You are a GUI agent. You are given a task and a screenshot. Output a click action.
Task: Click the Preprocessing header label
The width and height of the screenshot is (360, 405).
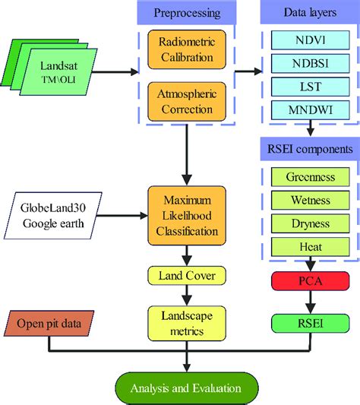click(188, 13)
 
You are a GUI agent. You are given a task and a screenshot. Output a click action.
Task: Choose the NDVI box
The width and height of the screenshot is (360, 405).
click(310, 38)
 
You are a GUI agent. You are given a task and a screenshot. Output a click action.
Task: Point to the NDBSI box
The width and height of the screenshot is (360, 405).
click(310, 62)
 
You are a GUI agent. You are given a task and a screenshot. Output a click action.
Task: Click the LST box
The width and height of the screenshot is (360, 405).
click(310, 87)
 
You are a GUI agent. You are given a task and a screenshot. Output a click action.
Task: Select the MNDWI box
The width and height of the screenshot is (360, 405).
click(310, 111)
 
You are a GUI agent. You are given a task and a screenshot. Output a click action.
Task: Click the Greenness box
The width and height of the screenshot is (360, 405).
click(310, 176)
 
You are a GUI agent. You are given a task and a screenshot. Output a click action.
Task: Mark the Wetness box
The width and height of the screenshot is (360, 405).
click(310, 200)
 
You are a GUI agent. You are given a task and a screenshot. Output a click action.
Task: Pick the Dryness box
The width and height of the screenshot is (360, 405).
click(310, 223)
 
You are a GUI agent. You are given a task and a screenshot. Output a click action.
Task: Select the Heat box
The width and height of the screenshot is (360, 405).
click(310, 247)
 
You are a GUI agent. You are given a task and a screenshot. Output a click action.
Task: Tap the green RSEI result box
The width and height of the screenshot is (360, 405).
click(310, 322)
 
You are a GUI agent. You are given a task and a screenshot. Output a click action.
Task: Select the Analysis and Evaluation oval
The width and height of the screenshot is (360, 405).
click(186, 388)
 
